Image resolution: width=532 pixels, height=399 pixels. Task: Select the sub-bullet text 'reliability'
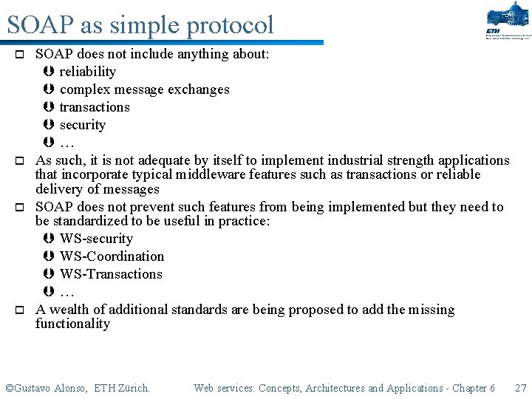coord(87,72)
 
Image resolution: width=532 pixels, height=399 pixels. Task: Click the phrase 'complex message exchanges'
coord(144,89)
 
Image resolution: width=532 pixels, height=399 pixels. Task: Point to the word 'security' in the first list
coord(82,125)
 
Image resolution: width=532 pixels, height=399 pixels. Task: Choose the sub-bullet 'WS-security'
coord(96,239)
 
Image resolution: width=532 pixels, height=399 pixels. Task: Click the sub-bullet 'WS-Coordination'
coord(112,256)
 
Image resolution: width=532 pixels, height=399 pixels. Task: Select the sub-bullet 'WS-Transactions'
coord(111,274)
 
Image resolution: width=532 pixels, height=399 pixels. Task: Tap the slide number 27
coord(520,388)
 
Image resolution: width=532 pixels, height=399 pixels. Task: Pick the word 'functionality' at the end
coord(72,324)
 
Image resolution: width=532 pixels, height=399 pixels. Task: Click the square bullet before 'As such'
coord(21,161)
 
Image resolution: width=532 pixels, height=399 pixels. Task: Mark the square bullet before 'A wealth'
coord(21,310)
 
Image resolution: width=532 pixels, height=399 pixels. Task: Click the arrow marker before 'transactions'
coord(49,107)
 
